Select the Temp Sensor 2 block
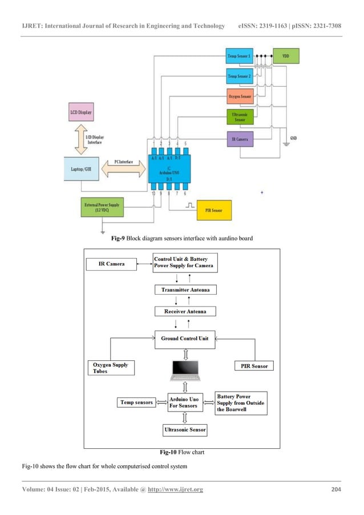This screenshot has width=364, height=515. pyautogui.click(x=240, y=77)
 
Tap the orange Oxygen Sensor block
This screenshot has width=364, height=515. pyautogui.click(x=240, y=96)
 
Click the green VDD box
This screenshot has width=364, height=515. pyautogui.click(x=286, y=57)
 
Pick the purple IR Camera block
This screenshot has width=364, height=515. pyautogui.click(x=240, y=139)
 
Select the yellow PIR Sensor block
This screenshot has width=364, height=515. pyautogui.click(x=215, y=211)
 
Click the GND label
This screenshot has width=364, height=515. pyautogui.click(x=293, y=138)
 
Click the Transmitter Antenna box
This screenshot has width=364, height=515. pyautogui.click(x=186, y=289)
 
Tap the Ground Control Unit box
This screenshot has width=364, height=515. pyautogui.click(x=184, y=339)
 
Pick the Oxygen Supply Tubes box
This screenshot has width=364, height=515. pyautogui.click(x=111, y=368)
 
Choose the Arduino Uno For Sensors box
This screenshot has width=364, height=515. pyautogui.click(x=184, y=402)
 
